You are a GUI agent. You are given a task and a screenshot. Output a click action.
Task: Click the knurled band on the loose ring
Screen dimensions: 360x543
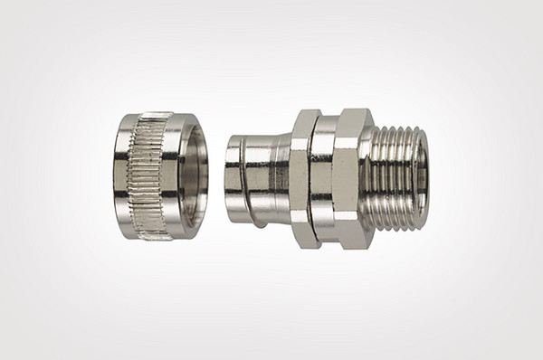(x=152, y=176)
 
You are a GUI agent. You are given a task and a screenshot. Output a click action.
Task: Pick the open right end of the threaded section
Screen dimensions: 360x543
(x=421, y=177)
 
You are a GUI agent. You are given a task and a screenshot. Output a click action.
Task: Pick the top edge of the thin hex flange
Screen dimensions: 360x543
(x=305, y=113)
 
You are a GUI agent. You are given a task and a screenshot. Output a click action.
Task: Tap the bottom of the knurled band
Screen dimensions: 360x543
(x=154, y=235)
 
